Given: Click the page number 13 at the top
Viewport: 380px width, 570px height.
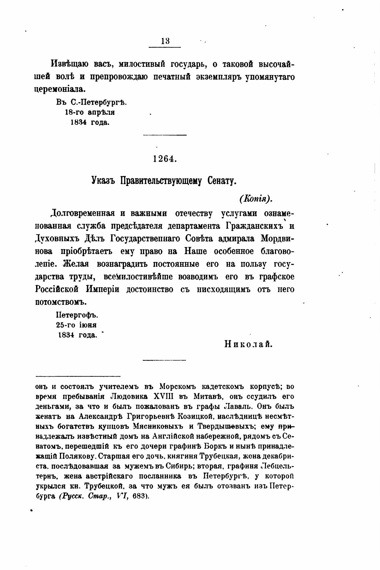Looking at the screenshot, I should click(x=165, y=41).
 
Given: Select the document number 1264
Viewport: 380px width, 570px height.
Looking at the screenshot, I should click(x=165, y=159).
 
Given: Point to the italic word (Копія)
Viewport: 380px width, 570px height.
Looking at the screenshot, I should click(x=256, y=199).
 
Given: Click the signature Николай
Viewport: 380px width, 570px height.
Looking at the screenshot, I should click(x=249, y=344).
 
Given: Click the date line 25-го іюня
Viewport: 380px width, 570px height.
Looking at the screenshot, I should click(x=76, y=325).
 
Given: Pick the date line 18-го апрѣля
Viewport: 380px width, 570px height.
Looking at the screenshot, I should click(x=90, y=113).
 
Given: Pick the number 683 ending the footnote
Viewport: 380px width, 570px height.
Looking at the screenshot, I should click(x=140, y=496).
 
